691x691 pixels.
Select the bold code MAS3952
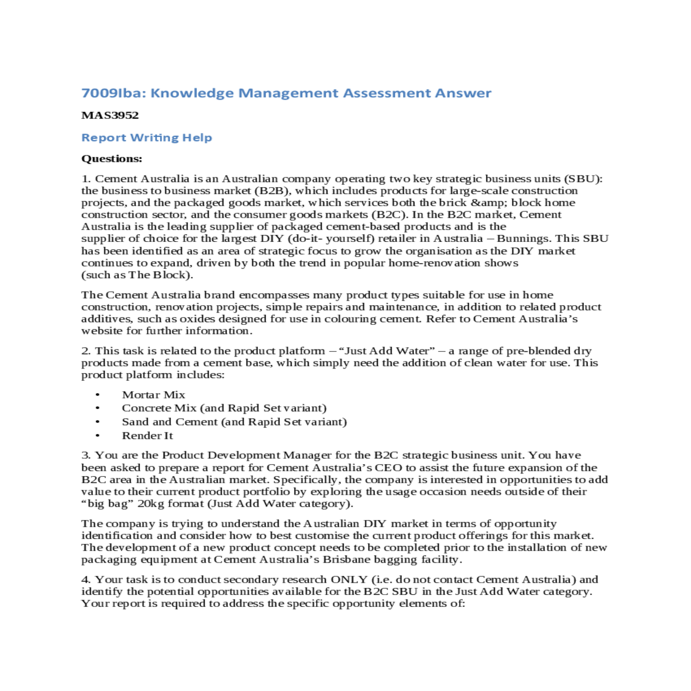[110, 115]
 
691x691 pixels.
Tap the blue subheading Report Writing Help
[146, 138]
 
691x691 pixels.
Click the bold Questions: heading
[112, 158]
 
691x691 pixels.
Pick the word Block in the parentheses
[169, 275]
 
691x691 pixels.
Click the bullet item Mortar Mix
[153, 395]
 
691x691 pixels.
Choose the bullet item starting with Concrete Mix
[223, 408]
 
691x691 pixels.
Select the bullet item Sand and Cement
[234, 422]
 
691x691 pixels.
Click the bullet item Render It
[147, 436]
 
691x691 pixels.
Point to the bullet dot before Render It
[97, 436]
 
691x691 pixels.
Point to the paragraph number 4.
[85, 579]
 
